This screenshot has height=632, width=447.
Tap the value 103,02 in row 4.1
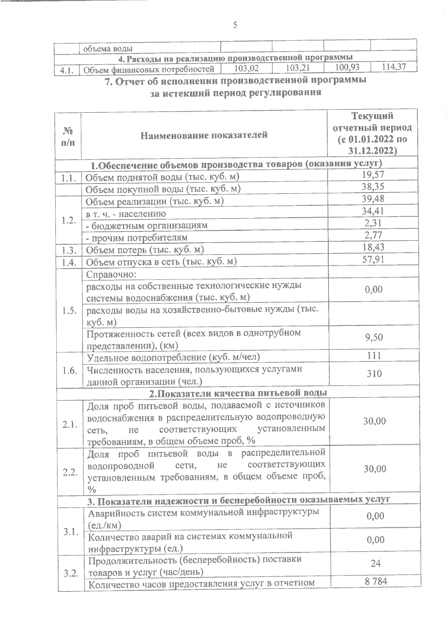coord(246,68)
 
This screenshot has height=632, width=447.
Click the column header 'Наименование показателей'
coord(204,135)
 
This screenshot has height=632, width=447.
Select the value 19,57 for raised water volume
coord(373,175)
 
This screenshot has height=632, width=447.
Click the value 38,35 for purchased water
coord(373,187)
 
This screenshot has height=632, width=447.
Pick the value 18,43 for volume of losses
coord(373,247)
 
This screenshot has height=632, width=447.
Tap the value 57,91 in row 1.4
coord(373,259)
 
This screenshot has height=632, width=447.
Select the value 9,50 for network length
coord(374,338)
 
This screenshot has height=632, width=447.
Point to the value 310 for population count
coord(374,374)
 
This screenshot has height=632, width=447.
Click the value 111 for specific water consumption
coord(374,355)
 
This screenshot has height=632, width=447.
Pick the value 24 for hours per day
coord(375,563)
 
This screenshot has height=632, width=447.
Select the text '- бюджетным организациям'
coord(147,226)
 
